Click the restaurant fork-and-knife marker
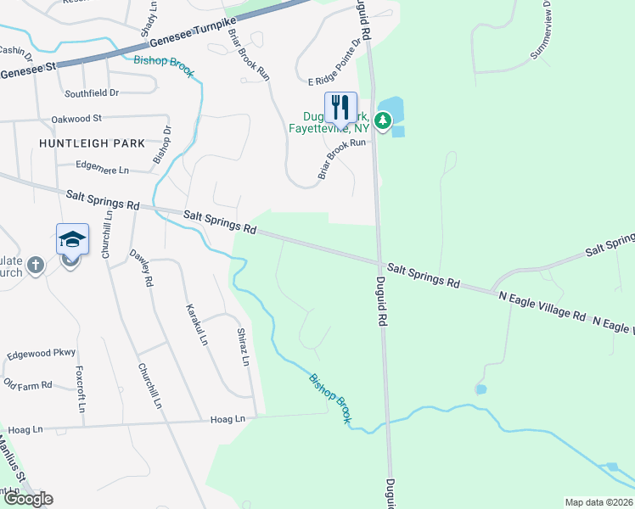340,108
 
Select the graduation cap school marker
72,240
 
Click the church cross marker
36,266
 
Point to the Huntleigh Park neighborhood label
93,143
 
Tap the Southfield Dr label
91,92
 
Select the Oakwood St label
76,119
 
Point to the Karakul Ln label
197,324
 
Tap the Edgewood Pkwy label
41,353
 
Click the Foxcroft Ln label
81,389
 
